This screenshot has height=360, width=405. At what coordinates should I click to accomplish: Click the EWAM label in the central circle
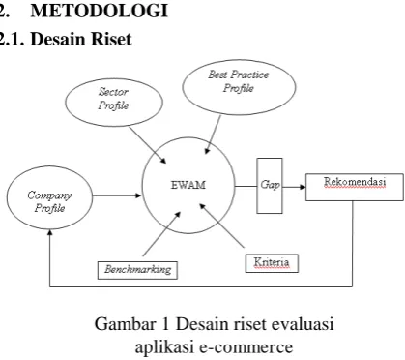188,185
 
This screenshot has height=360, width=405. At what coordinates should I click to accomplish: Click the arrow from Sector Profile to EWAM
148,145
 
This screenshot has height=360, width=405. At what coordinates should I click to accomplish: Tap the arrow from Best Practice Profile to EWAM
213,135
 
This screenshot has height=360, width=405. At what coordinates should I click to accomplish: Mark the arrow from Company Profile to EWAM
117,195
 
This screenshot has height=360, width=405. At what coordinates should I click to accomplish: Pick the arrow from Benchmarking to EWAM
161,234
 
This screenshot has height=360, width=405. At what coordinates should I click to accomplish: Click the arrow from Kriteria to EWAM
221,225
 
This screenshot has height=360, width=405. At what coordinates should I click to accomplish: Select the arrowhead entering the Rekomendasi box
303,187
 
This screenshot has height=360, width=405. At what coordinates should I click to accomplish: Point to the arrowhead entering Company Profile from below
49,232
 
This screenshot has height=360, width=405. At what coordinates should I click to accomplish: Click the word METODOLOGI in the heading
100,11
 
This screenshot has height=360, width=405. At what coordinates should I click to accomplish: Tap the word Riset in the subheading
111,39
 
